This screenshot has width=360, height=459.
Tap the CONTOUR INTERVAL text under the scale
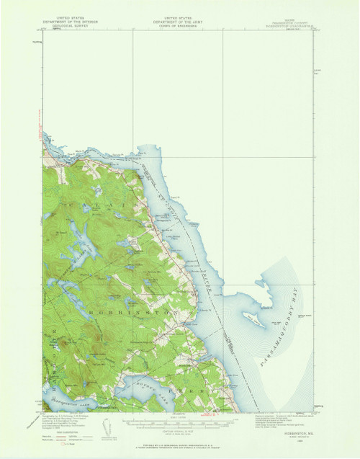point(180,432)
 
